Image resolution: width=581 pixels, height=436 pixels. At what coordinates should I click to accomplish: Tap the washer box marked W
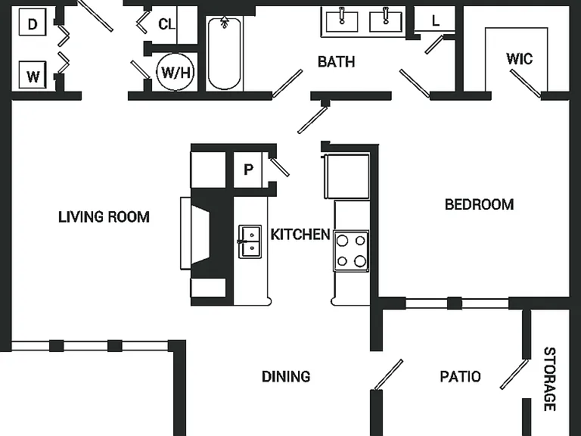pos(33,75)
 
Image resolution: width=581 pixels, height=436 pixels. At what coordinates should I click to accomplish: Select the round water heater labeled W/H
pos(176,72)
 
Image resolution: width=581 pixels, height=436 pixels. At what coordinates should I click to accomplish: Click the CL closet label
pos(166,24)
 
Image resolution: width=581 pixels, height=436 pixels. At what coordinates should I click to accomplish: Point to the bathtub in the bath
pos(224,54)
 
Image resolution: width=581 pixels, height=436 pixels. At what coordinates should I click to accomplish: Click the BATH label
pos(336,61)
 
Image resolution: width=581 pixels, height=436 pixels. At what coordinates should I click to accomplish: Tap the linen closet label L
pos(436,20)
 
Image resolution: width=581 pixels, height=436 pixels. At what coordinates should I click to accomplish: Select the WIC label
pos(519,58)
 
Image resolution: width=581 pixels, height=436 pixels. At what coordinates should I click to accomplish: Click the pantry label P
pos(248,170)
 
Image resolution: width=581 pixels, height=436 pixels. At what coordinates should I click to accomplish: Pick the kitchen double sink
pos(250,241)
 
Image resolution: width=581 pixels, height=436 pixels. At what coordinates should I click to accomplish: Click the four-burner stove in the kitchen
pos(351,251)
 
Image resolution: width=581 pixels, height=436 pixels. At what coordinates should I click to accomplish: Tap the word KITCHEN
pos(300,235)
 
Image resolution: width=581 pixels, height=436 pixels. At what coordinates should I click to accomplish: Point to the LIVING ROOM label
pos(104,217)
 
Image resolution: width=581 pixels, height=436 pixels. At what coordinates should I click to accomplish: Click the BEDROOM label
pos(479,204)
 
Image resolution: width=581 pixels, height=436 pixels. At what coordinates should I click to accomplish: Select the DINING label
pos(286,376)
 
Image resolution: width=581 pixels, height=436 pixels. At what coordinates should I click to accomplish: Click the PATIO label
pos(460,376)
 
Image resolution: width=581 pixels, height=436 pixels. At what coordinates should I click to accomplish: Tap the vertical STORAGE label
pos(549,379)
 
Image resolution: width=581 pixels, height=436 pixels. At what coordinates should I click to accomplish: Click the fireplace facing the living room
pos(203,233)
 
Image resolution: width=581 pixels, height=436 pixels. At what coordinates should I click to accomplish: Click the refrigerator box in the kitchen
pos(346,176)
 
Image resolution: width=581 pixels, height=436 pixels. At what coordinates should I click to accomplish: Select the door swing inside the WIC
pos(526,83)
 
